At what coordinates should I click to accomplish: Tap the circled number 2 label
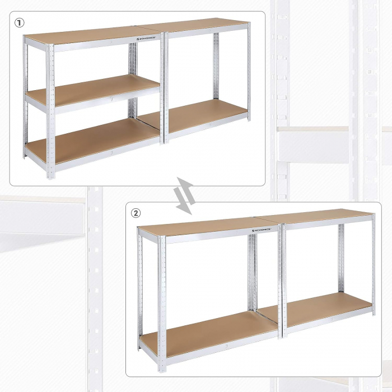[x=136, y=213]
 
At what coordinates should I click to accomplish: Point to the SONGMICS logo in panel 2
[x=262, y=230]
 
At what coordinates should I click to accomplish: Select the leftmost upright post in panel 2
[x=139, y=291]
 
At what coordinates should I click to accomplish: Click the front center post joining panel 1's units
[x=164, y=90]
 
